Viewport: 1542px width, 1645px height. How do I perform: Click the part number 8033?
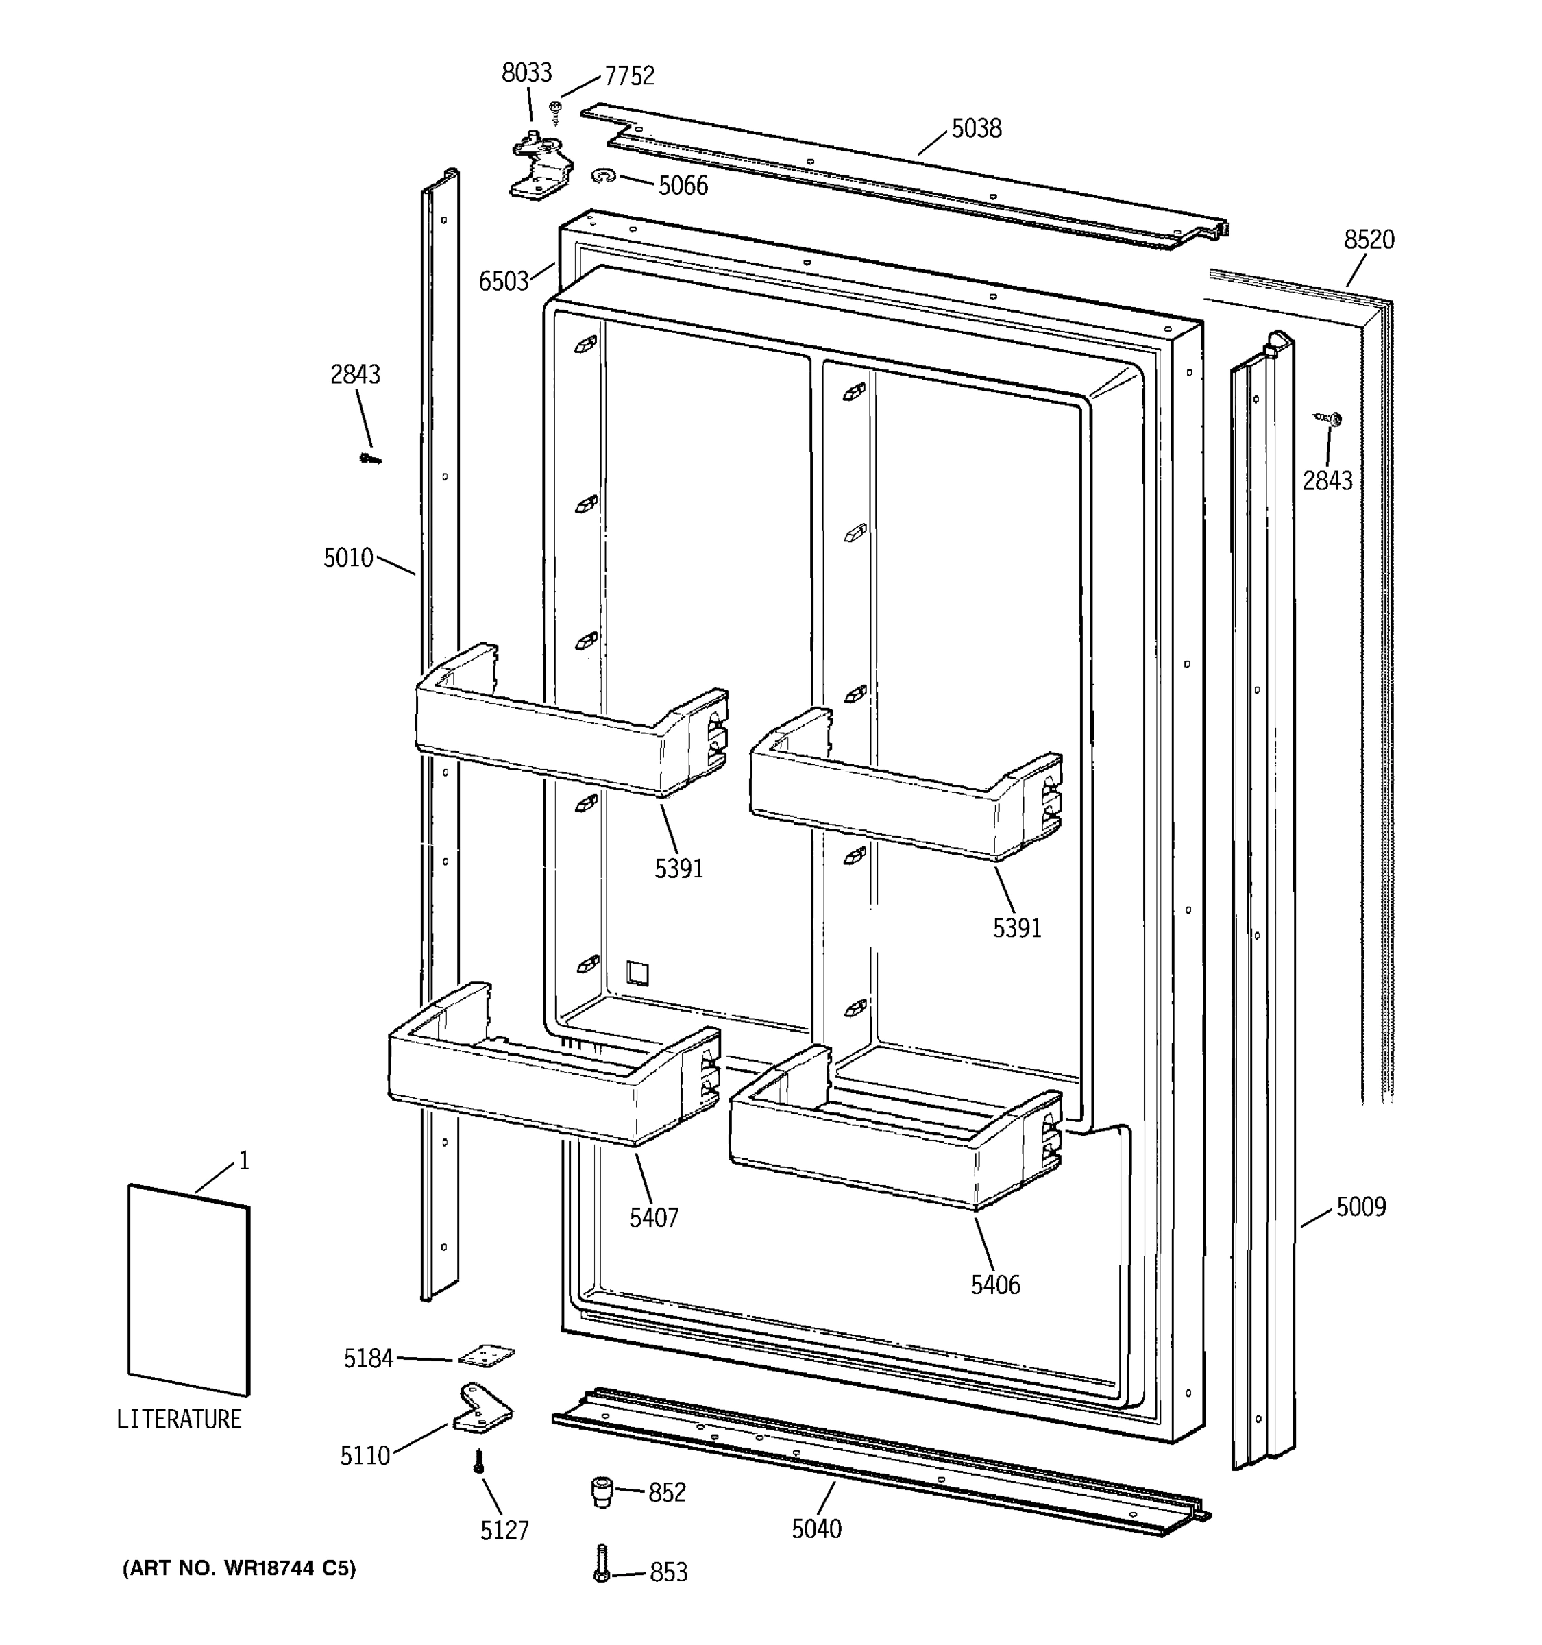point(526,73)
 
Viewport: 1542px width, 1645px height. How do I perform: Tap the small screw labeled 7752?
point(555,108)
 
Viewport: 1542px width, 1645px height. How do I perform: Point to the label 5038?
point(976,128)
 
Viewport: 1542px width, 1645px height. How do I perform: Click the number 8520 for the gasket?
point(1369,240)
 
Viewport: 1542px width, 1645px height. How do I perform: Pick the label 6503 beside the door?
point(503,281)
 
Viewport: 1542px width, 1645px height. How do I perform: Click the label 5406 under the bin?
point(995,1285)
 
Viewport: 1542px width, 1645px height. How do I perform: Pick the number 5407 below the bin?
point(654,1218)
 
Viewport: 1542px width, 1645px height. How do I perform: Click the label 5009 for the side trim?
point(1361,1207)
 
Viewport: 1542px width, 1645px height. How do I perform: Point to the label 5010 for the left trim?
point(348,558)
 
